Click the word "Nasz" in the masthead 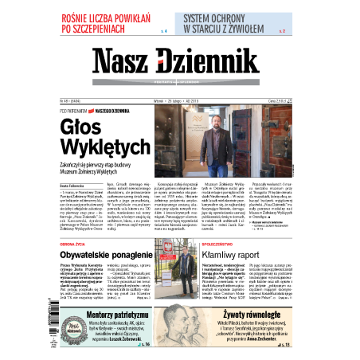point(126,62)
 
